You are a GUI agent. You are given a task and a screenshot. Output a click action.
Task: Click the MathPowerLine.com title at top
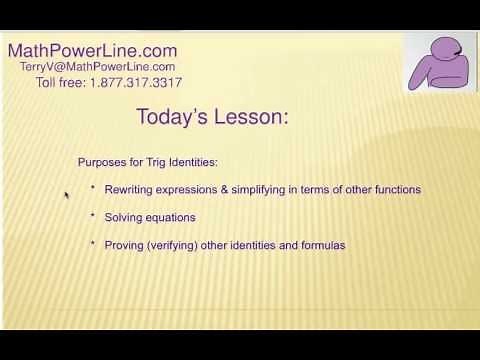coord(92,49)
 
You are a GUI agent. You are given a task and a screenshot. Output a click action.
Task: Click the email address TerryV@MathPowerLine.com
coord(97,66)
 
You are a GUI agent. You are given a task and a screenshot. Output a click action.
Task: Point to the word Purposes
coord(100,163)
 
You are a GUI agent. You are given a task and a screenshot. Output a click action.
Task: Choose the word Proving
coord(124,244)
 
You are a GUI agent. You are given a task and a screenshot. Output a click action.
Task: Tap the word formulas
coord(322,244)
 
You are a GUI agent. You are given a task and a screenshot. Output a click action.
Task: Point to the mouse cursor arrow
coord(67,196)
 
